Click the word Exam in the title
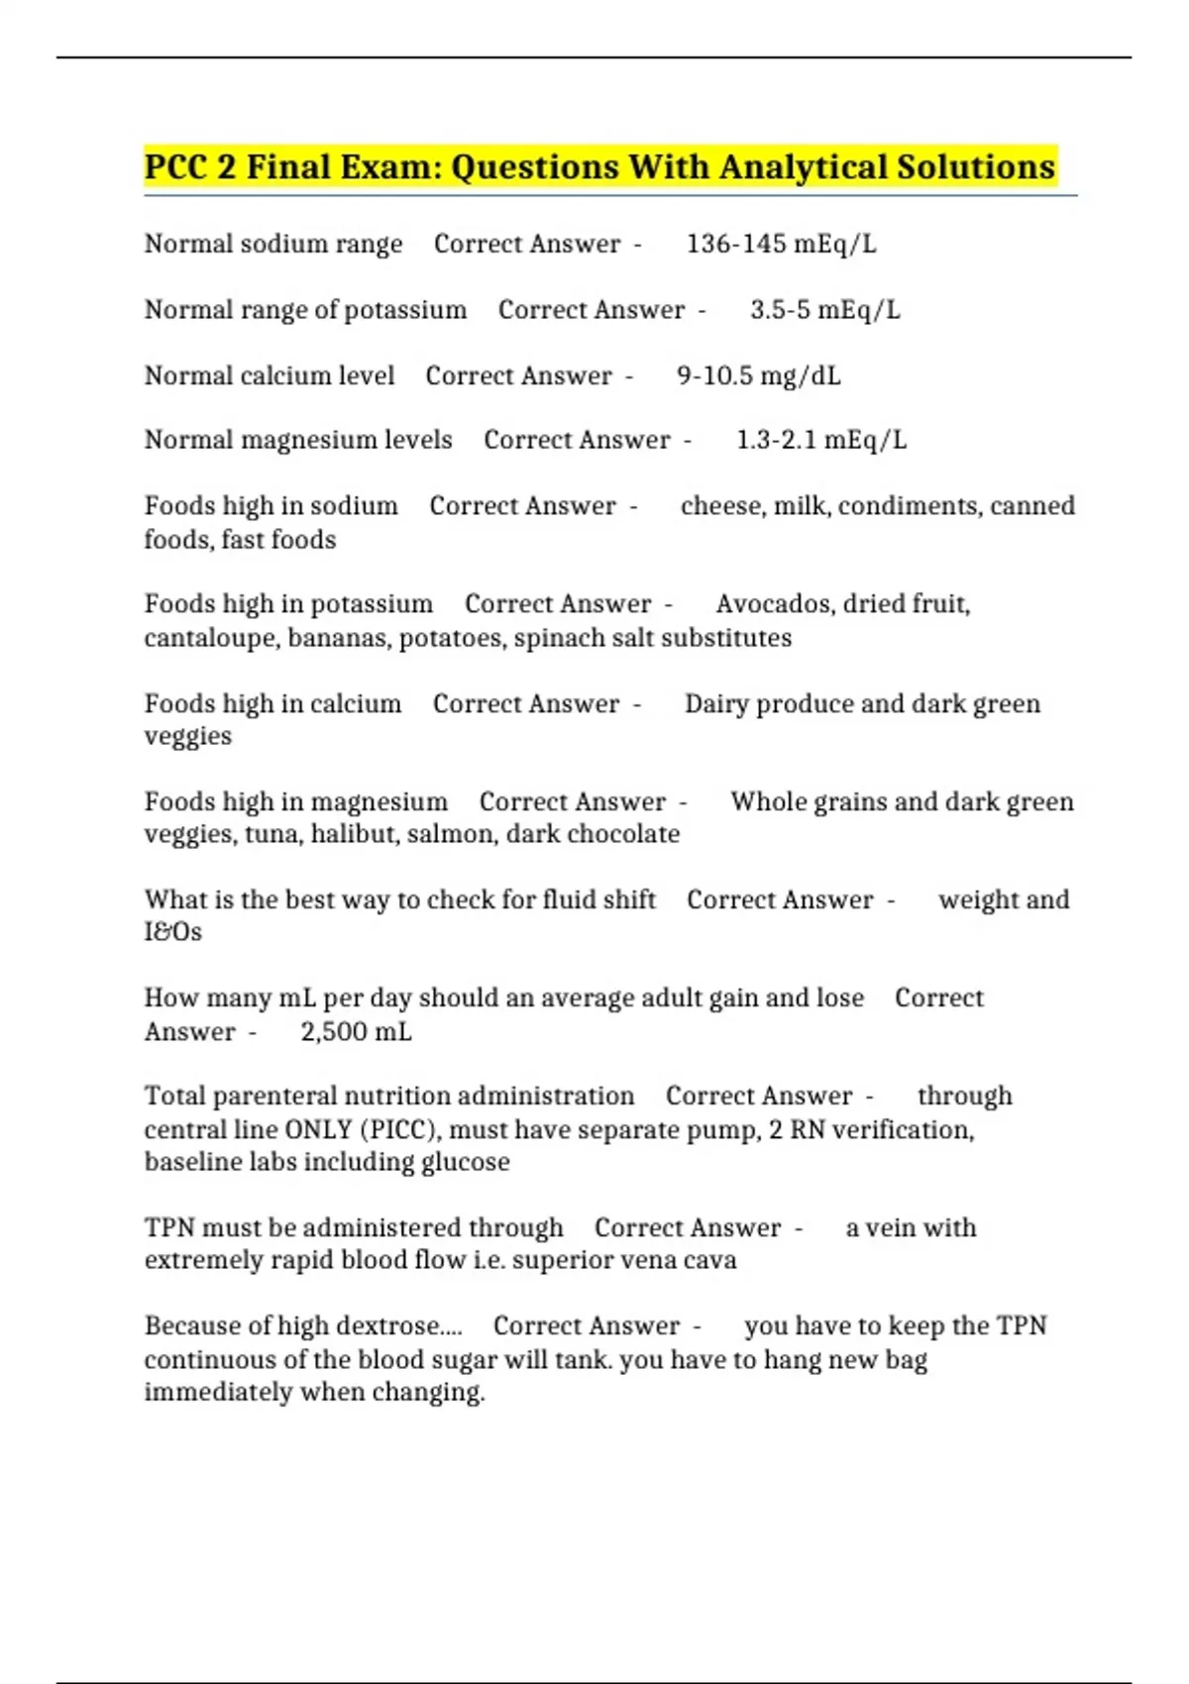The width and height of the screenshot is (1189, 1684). [x=389, y=166]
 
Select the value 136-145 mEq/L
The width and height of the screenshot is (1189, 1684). [x=781, y=244]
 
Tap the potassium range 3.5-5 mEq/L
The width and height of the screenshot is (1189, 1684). [x=824, y=310]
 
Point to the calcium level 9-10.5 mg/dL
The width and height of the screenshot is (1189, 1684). [x=758, y=376]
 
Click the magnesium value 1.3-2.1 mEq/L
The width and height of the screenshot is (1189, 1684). [x=820, y=440]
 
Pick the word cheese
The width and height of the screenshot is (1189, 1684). [x=722, y=506]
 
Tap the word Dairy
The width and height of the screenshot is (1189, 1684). [x=716, y=703]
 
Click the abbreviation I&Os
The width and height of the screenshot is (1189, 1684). [x=173, y=932]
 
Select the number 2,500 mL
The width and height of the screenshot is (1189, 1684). [x=356, y=1032]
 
